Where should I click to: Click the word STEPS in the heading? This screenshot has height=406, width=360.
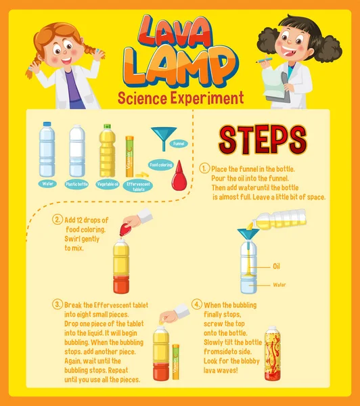262,139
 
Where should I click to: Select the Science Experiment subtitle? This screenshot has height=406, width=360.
181,97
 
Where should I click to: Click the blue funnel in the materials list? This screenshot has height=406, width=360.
162,137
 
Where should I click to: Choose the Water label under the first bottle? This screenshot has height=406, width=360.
47,183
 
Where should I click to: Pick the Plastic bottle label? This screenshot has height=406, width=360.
77,183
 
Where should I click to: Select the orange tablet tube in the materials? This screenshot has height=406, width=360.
129,156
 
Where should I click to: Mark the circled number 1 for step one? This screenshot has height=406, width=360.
204,168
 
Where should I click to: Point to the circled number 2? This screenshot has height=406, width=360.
58,220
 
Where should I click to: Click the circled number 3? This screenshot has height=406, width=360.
58,305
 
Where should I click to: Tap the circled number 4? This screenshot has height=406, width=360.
196,305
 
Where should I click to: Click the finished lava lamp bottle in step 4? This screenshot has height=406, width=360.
272,353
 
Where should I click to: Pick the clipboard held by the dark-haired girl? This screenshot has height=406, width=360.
277,87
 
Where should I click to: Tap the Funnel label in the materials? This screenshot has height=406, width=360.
179,143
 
